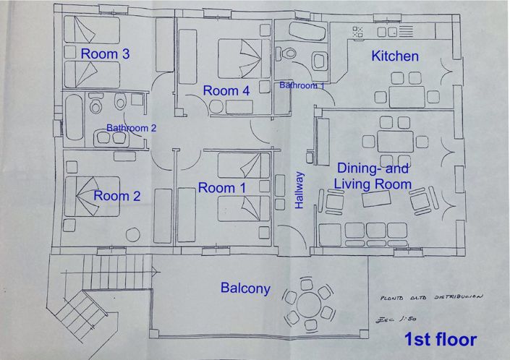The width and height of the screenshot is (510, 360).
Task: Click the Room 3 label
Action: (x=105, y=53)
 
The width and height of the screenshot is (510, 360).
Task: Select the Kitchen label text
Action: (x=395, y=56)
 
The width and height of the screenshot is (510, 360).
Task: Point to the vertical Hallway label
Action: (x=299, y=190)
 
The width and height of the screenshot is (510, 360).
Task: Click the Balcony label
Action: (x=245, y=288)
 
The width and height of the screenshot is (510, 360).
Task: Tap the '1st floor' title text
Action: (x=440, y=339)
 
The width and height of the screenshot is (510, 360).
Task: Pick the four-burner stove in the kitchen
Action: (x=357, y=33)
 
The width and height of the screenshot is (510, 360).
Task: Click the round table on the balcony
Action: (x=310, y=302)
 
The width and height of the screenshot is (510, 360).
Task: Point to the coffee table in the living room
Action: (x=377, y=202)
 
